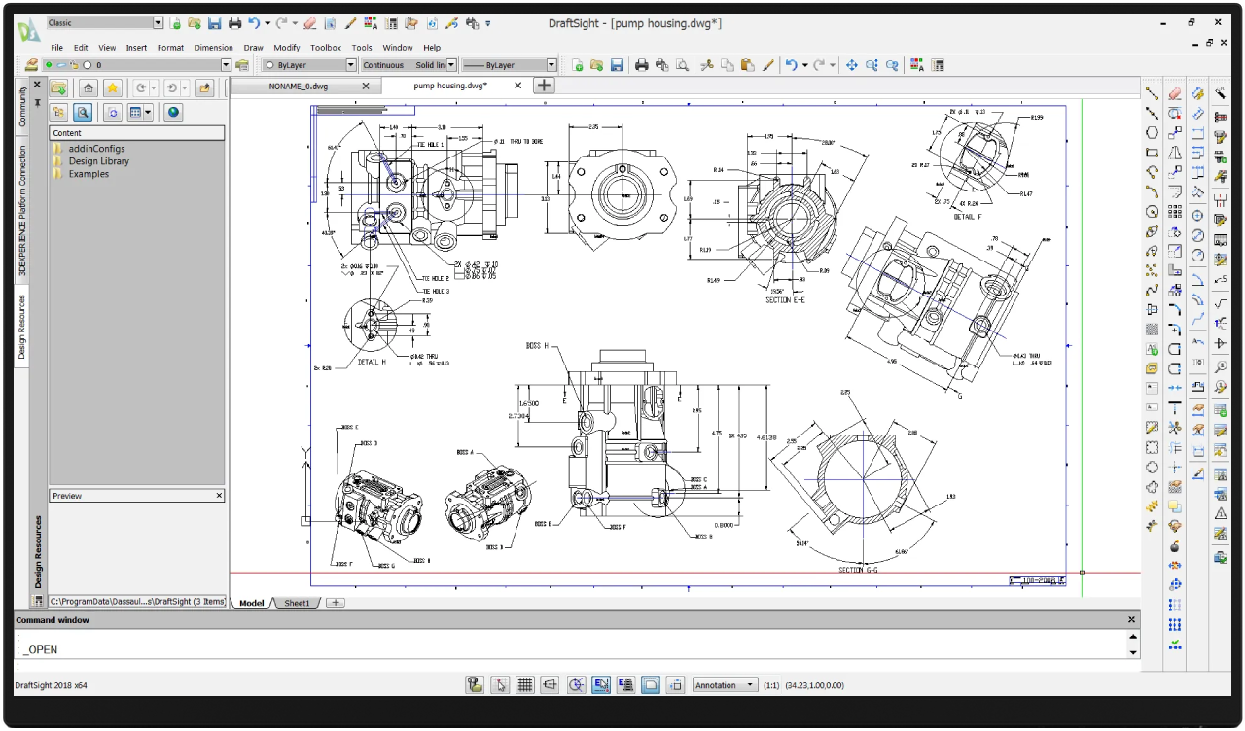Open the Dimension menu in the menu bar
coord(213,47)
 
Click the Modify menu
coord(286,47)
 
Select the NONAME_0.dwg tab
coord(299,86)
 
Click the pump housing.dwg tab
coord(449,86)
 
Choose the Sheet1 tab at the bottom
coord(297,603)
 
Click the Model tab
coord(251,603)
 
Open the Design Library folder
coord(98,161)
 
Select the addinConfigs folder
coord(96,149)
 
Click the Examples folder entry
coord(89,174)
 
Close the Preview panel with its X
coord(219,496)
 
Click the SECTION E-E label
coord(784,300)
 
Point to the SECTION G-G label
coord(857,570)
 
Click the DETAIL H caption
coord(372,362)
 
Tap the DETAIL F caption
coord(967,217)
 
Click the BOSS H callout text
coord(537,346)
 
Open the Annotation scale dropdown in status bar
coord(724,685)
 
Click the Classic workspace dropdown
coord(104,22)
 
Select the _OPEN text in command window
coord(42,649)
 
